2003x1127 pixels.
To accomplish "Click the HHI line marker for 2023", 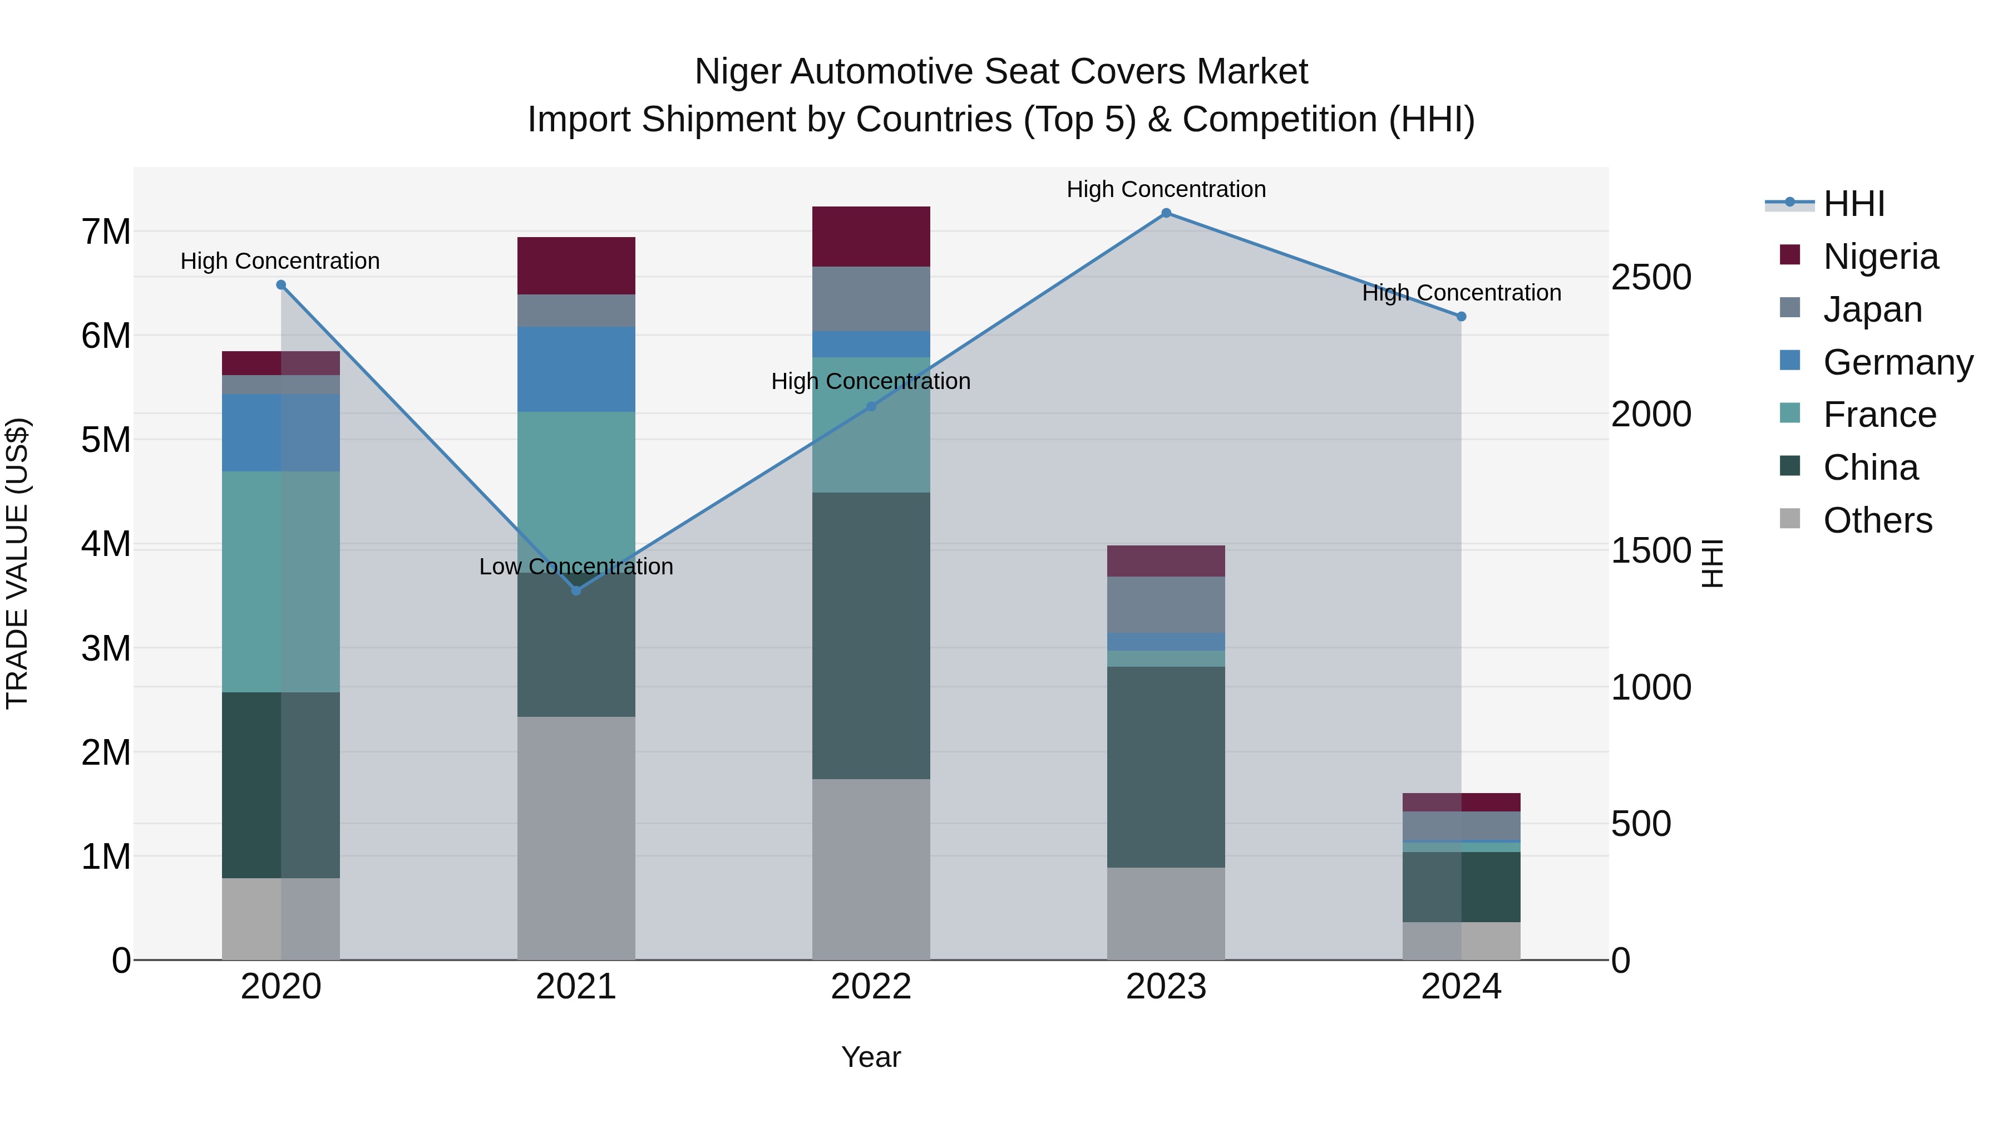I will pos(1166,213).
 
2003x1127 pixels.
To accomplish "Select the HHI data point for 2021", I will pos(576,590).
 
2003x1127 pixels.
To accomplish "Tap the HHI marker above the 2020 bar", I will pos(281,284).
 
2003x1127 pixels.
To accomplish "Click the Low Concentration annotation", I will pos(576,566).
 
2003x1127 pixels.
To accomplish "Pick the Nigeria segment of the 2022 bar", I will pos(871,237).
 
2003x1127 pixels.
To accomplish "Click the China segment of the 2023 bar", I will pos(1166,767).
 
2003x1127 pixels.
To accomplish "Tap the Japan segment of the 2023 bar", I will pos(1166,604).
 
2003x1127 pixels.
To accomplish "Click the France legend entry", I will pos(1879,415).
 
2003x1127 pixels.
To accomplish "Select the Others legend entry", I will pos(1877,520).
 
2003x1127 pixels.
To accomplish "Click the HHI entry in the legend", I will pos(1854,204).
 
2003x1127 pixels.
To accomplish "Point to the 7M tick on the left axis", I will pos(106,232).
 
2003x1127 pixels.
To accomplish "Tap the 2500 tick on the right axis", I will pos(1651,277).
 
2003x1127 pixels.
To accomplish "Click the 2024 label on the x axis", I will pos(1461,987).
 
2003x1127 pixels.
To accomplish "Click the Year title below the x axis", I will pos(871,1057).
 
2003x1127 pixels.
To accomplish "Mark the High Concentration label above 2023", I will pos(1166,189).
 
